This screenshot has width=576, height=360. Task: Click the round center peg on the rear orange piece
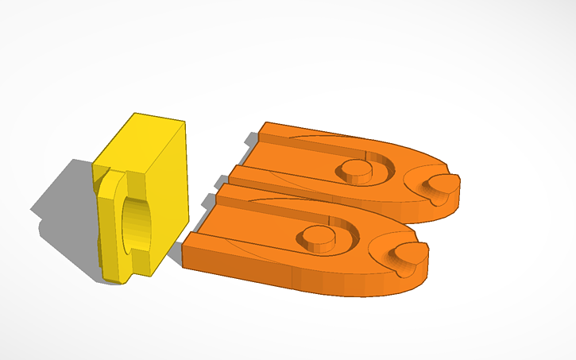[354, 168]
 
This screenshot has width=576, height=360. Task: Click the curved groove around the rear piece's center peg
[380, 172]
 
